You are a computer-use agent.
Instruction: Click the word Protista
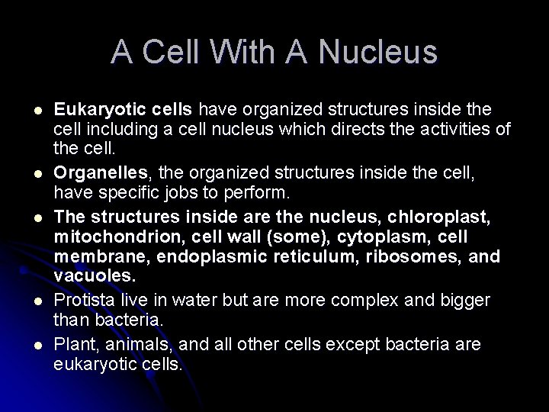coord(82,280)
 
